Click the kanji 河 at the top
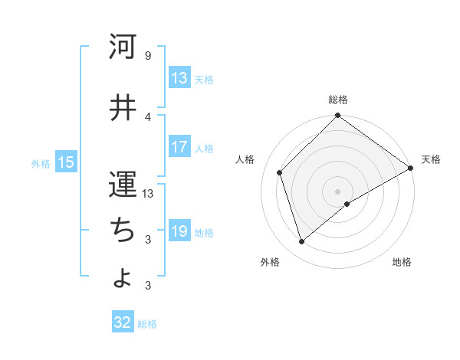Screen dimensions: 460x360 point(123,47)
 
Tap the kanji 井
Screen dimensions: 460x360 point(123,108)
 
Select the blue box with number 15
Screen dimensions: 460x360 point(65,162)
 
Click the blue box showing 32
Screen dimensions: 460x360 point(123,322)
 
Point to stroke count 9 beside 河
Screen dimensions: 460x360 point(147,56)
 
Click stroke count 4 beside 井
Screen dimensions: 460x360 point(147,116)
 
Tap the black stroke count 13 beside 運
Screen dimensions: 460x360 point(149,194)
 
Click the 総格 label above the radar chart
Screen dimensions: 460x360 point(338,100)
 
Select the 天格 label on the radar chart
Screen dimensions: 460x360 point(431,159)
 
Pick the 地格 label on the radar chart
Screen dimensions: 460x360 point(402,263)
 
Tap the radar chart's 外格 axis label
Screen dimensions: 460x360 point(270,263)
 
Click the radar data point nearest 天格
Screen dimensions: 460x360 point(411,169)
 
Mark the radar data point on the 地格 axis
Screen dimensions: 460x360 point(347,204)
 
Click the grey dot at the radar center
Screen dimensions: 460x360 point(338,191)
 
